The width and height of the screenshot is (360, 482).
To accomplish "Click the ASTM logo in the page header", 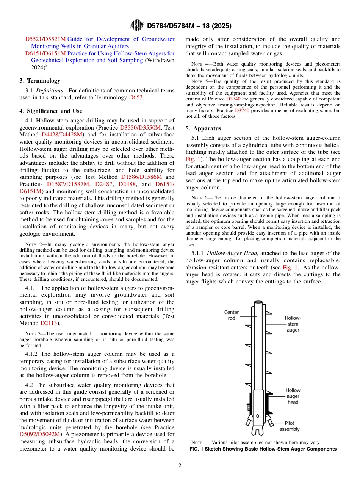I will pyautogui.click(x=137, y=26).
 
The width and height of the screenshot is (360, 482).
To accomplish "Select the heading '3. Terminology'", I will pyautogui.click(x=40, y=81).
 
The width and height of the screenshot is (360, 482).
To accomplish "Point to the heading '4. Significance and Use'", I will pyautogui.click(x=50, y=111).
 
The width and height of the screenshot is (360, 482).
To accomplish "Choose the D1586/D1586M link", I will pyautogui.click(x=141, y=177).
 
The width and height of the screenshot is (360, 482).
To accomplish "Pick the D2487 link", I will pyautogui.click(x=103, y=184).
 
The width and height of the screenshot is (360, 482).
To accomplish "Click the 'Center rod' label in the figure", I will pyautogui.click(x=232, y=315).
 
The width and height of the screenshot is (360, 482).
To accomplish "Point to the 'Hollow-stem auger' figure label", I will pyautogui.click(x=293, y=324).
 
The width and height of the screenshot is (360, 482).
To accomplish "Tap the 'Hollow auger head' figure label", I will pyautogui.click(x=293, y=396).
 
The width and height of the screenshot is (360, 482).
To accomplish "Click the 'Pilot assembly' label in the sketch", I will pyautogui.click(x=290, y=426).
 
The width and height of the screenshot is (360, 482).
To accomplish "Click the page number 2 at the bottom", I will pyautogui.click(x=180, y=466).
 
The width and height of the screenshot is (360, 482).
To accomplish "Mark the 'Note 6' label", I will pyautogui.click(x=196, y=197).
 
